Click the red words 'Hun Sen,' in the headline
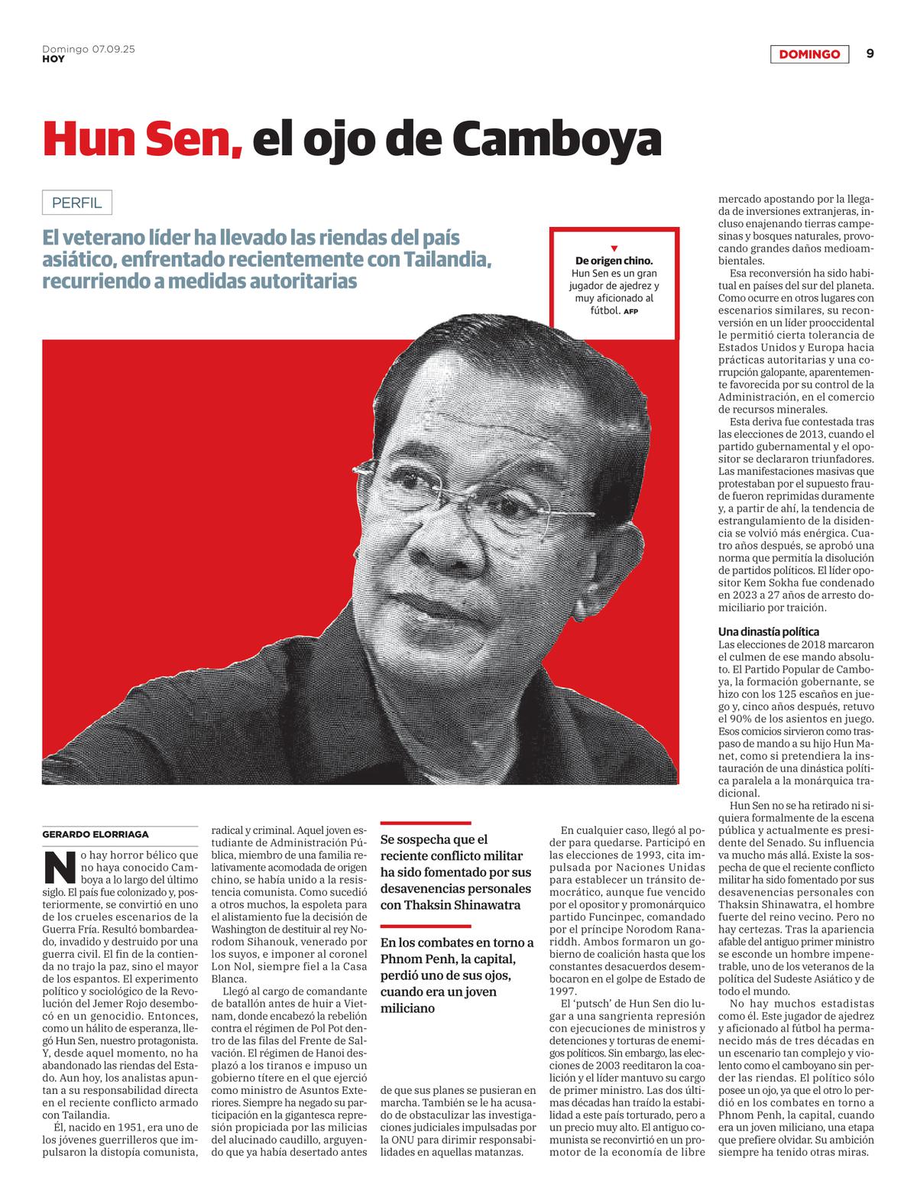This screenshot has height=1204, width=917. [x=143, y=138]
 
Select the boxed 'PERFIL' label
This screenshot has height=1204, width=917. [x=76, y=203]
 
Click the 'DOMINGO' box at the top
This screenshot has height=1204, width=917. [x=809, y=54]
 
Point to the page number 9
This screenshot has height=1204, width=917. [x=870, y=54]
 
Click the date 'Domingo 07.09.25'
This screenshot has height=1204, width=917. [x=88, y=49]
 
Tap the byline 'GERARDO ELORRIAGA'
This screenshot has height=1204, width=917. [x=96, y=834]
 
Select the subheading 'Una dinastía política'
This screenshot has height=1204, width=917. [x=768, y=632]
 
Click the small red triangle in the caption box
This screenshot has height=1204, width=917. [x=614, y=248]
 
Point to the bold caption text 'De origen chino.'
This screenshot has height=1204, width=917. [x=614, y=261]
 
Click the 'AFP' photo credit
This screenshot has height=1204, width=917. [x=630, y=312]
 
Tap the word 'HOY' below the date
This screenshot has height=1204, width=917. [x=53, y=59]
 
